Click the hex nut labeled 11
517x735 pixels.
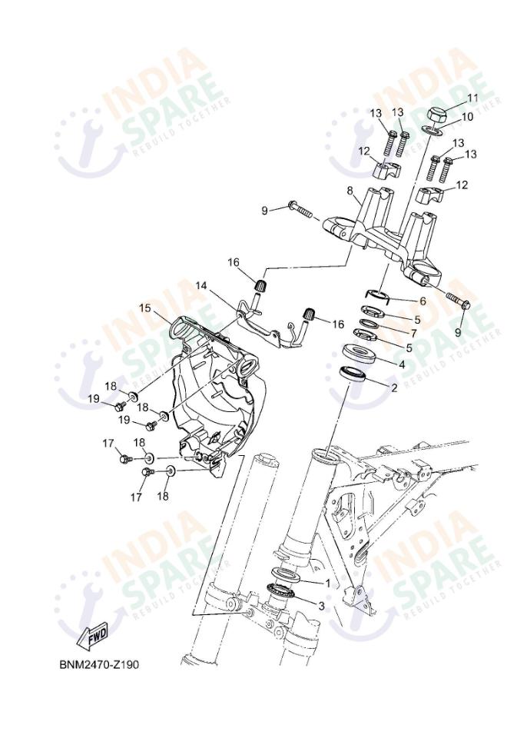(436, 115)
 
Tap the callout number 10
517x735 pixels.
(467, 117)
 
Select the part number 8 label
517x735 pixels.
(350, 191)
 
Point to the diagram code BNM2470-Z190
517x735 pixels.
(99, 664)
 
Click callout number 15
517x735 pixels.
(145, 308)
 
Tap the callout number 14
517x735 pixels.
(201, 285)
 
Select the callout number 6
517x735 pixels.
(423, 301)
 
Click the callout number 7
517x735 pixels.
(413, 333)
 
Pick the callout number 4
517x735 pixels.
(401, 364)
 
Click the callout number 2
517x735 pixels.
(394, 387)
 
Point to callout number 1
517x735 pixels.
(328, 583)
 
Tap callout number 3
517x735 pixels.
(321, 606)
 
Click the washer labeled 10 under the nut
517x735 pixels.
(434, 130)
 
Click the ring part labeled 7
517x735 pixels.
(371, 324)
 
